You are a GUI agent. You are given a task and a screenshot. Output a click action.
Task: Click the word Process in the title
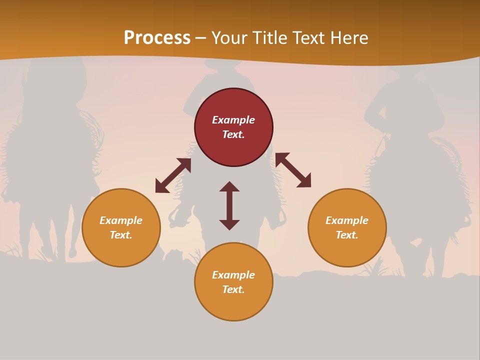pyautogui.click(x=157, y=38)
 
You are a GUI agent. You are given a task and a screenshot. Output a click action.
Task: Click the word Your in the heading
pyautogui.click(x=229, y=38)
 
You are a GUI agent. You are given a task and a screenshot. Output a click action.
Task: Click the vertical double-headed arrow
pyautogui.click(x=229, y=205)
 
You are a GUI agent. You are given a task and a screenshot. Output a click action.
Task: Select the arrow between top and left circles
pyautogui.click(x=173, y=175)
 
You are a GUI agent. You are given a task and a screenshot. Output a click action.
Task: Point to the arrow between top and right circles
pyautogui.click(x=293, y=170)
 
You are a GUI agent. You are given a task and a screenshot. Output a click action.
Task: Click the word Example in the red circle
pyautogui.click(x=233, y=120)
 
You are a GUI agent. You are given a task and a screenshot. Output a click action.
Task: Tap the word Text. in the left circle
pyautogui.click(x=121, y=235)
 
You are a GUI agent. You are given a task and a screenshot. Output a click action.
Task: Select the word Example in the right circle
pyautogui.click(x=347, y=220)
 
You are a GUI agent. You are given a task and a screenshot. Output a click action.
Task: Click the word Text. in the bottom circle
pyautogui.click(x=233, y=289)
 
